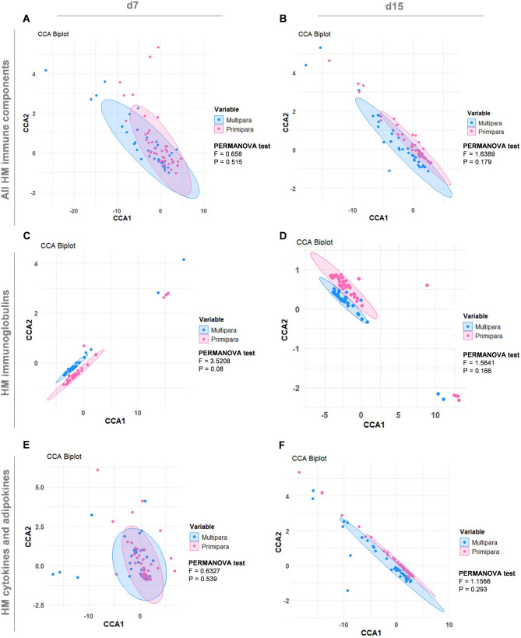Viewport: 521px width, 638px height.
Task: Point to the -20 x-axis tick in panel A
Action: (x=73, y=210)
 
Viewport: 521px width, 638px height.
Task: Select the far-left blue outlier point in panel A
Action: (x=46, y=71)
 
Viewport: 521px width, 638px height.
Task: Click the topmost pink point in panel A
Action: (x=158, y=48)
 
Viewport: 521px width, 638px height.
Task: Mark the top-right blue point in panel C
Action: (x=184, y=259)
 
